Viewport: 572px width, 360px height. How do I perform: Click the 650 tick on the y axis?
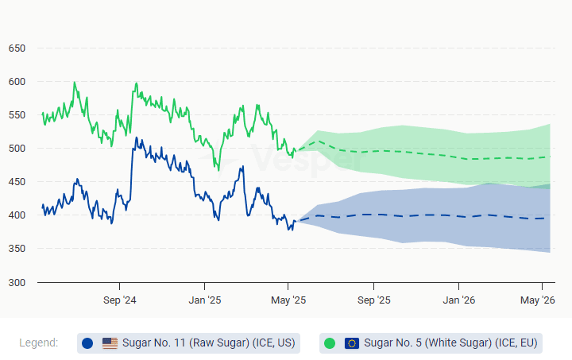[17, 48]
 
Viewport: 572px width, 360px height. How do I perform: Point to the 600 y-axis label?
[17, 82]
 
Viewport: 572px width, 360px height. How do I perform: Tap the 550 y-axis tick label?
[17, 115]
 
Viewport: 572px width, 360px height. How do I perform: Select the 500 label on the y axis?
[17, 149]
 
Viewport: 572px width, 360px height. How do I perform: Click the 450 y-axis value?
[17, 182]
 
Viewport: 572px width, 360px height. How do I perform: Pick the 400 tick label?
[17, 215]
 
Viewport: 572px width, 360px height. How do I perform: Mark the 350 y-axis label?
[17, 249]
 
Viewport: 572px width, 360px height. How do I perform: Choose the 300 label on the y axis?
[17, 282]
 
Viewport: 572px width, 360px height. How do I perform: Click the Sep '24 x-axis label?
[120, 300]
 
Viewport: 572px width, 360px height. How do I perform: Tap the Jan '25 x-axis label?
[205, 300]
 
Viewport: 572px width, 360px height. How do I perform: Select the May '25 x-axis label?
[288, 300]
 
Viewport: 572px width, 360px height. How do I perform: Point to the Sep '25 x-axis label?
[374, 300]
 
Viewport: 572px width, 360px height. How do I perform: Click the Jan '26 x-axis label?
[459, 300]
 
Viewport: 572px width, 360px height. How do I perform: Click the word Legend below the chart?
[39, 343]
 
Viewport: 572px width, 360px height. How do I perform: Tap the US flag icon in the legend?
[110, 343]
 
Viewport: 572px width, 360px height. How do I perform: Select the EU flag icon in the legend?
[352, 343]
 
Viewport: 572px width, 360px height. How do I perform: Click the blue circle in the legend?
[88, 343]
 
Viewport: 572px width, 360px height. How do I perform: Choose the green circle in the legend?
[330, 343]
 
